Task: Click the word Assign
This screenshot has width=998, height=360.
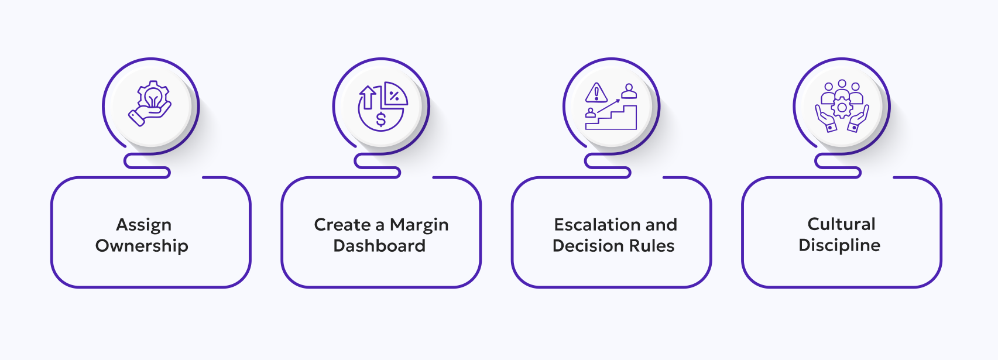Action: point(143,225)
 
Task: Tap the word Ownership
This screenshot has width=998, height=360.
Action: point(142,246)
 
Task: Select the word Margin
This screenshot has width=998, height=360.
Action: point(419,225)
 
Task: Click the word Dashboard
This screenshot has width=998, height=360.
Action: point(379,246)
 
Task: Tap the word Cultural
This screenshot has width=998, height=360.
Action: point(841,224)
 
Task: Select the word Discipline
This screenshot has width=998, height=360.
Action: point(839,245)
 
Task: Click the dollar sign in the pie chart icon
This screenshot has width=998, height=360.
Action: point(381,120)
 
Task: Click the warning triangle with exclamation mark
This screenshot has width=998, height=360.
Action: point(596,93)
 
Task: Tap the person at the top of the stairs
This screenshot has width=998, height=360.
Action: point(629,91)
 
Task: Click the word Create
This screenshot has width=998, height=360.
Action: point(342,225)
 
